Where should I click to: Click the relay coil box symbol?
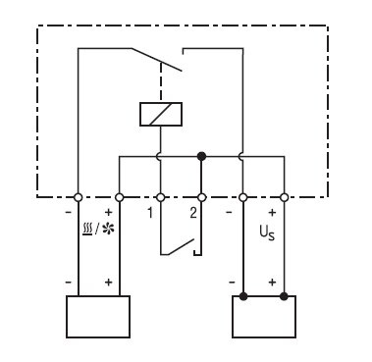point(161,114)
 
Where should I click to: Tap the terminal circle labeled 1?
point(160,197)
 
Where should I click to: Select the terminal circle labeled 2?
point(202,197)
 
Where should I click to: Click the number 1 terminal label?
point(150,213)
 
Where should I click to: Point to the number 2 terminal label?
point(193,213)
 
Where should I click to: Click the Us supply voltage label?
point(267,233)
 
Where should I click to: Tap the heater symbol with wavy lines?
point(87,230)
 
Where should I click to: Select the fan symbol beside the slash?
point(108,230)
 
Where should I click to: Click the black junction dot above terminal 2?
point(201,156)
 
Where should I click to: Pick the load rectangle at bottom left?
point(98,317)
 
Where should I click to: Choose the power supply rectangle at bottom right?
point(264,317)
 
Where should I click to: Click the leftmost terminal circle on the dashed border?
point(78,197)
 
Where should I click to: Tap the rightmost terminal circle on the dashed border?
point(285,197)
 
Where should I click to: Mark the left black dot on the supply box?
point(242,296)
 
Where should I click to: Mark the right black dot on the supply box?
point(284,296)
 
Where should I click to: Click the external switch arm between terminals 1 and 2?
point(182,247)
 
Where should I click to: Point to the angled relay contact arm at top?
point(157,60)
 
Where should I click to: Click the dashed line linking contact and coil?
point(161,82)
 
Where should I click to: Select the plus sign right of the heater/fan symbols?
point(108,213)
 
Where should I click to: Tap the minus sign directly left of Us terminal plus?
point(229,213)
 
